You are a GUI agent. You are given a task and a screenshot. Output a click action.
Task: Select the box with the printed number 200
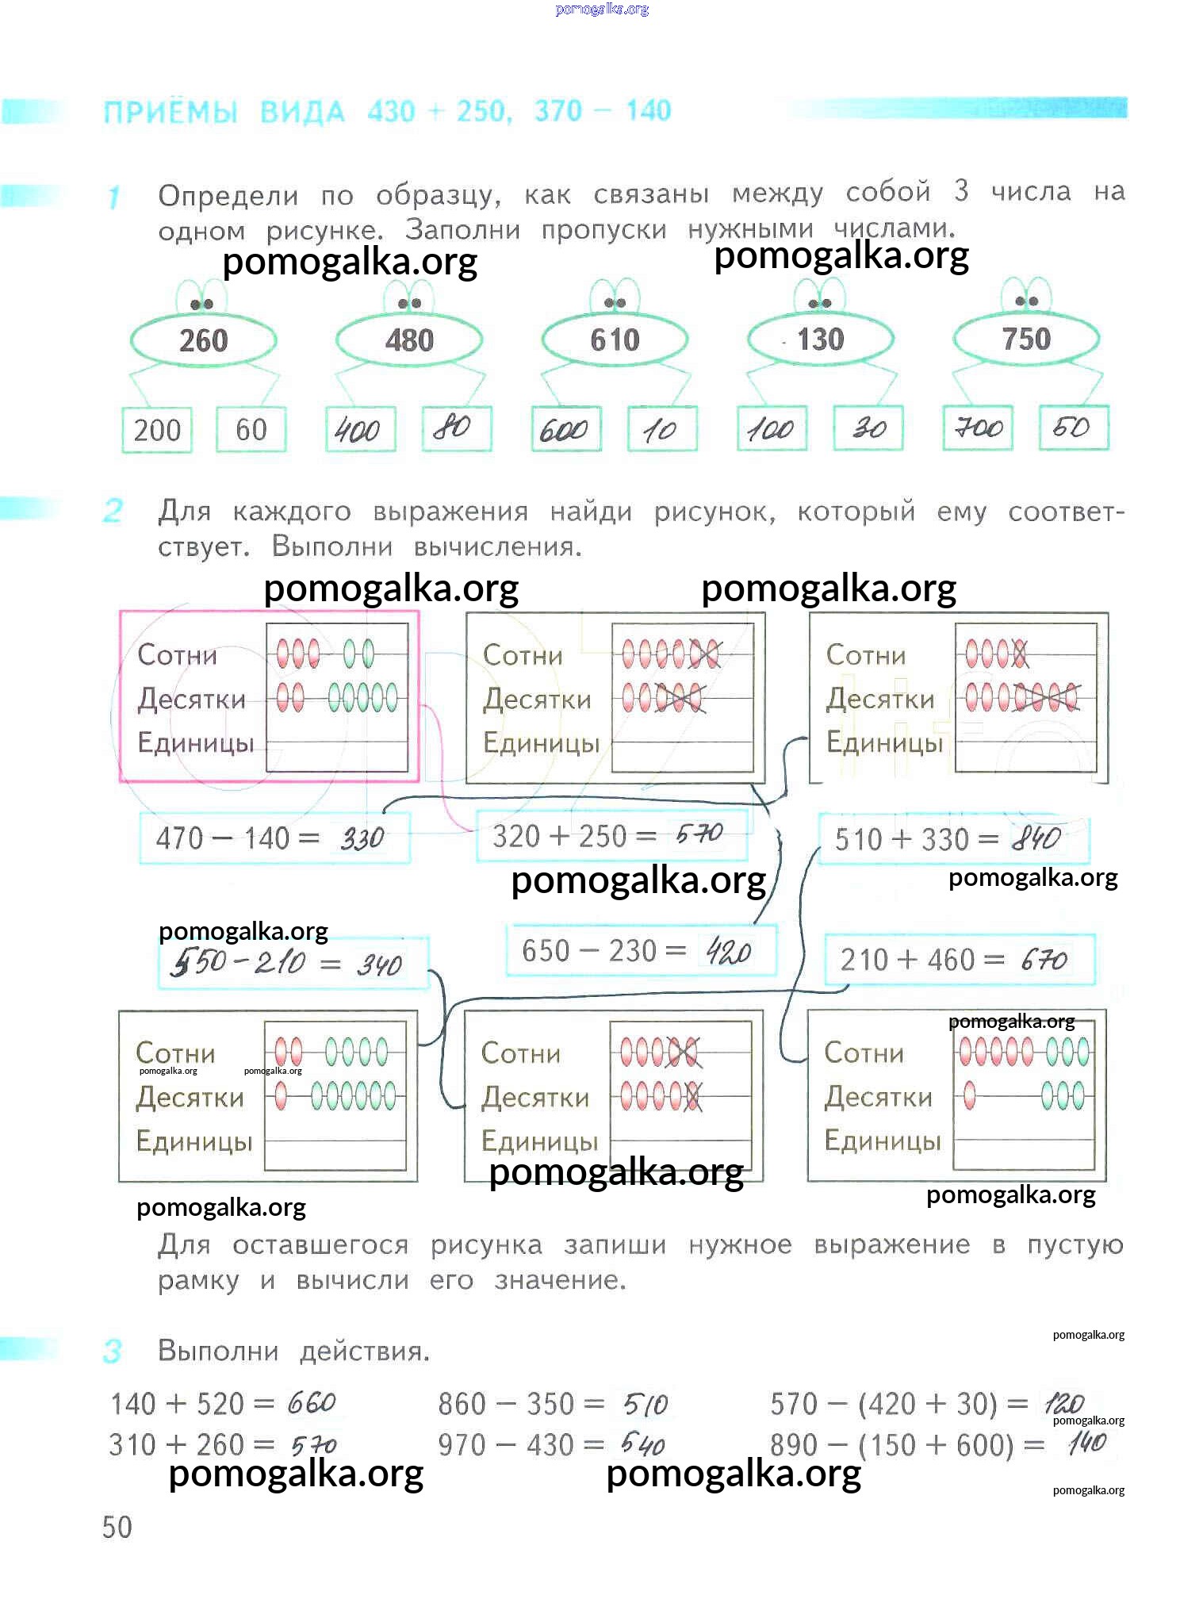pos(157,431)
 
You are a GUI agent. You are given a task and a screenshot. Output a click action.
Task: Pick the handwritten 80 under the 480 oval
pos(452,428)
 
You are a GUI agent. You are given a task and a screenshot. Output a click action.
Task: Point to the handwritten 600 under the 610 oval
pos(563,431)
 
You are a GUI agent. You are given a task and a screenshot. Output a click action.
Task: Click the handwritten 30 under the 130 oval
pos(869,428)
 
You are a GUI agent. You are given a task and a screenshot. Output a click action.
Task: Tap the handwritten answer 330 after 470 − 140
pos(362,838)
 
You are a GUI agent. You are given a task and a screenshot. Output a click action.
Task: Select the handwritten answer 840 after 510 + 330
pos(1036,838)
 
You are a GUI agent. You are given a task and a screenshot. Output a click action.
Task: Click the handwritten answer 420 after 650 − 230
pos(728,951)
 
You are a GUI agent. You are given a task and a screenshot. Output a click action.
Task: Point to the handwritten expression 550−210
pos(237,963)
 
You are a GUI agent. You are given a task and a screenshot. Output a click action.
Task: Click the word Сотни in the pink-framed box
pos(177,655)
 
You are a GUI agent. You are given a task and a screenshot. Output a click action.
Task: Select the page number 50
pos(117,1528)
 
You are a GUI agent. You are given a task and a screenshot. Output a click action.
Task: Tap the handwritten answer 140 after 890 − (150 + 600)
pos(1086,1443)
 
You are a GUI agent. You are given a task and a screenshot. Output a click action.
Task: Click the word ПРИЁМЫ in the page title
pos(170,112)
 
